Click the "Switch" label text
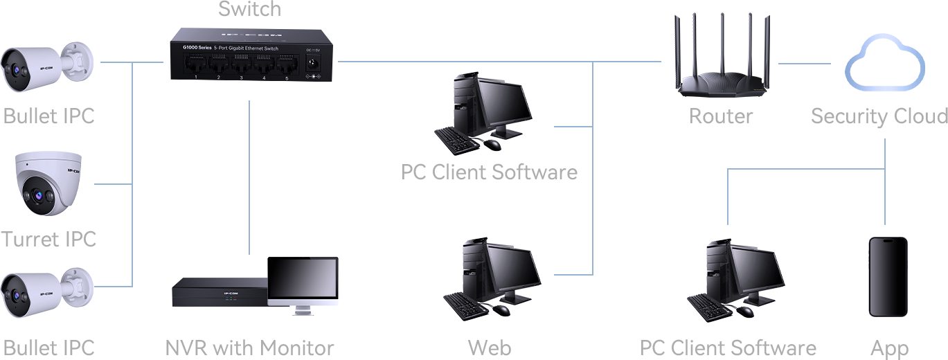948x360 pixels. pyautogui.click(x=250, y=9)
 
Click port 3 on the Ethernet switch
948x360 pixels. pyautogui.click(x=241, y=66)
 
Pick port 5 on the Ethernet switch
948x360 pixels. pyautogui.click(x=286, y=66)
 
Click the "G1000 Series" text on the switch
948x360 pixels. pyautogui.click(x=197, y=47)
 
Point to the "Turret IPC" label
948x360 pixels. pyautogui.click(x=48, y=240)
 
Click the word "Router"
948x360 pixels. pyautogui.click(x=720, y=116)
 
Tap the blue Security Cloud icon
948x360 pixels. pyautogui.click(x=884, y=63)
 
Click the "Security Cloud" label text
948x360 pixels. pyautogui.click(x=879, y=116)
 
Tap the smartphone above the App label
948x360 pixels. pyautogui.click(x=888, y=277)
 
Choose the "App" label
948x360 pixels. pyautogui.click(x=888, y=348)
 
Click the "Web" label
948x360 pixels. pyautogui.click(x=490, y=348)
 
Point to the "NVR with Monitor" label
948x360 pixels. pyautogui.click(x=250, y=348)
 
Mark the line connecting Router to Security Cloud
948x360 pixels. pyautogui.click(x=803, y=63)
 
